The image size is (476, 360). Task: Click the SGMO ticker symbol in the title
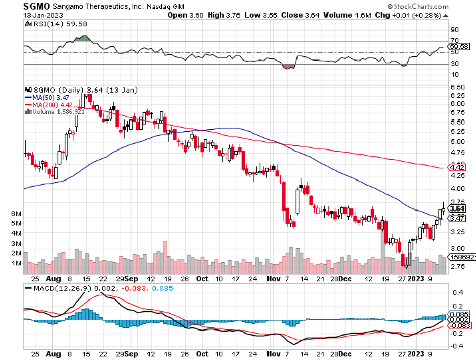tap(35, 7)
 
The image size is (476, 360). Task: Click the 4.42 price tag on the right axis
tap(457, 167)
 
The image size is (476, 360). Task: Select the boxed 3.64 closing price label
tap(457, 208)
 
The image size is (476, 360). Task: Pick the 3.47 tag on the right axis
tap(457, 218)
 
